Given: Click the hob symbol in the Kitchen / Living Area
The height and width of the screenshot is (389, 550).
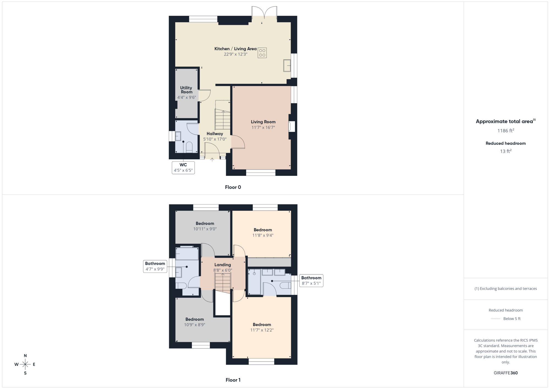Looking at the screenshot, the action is pos(262,53).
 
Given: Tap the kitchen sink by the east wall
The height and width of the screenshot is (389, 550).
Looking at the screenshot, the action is pos(287,65).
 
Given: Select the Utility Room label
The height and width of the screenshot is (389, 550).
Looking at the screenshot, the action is pos(186,90).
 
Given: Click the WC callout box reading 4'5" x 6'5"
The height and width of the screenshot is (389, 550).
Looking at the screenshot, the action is pos(183,168).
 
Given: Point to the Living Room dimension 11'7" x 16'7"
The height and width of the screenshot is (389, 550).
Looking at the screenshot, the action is pos(263,127).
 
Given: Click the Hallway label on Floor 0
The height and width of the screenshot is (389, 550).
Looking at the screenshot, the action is pos(215,134).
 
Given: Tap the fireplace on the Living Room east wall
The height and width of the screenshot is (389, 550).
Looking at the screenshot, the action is pos(291,127).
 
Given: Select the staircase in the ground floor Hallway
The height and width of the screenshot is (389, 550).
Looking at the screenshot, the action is pos(222,119).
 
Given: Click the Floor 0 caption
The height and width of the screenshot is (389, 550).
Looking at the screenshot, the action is pos(233,187).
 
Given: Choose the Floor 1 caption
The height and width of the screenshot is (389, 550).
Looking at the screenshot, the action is pos(233,380).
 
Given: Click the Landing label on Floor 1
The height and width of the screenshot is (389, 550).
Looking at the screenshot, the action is pos(222,265).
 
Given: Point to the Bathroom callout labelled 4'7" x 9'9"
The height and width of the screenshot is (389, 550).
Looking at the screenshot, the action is pos(155,266).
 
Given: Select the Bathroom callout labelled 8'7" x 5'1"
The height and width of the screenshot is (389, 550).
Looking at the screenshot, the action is pos(311,281).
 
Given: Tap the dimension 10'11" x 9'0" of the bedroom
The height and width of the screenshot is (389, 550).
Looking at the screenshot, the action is pos(205,229).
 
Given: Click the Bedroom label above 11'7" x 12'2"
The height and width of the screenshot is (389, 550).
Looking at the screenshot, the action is pos(262,325).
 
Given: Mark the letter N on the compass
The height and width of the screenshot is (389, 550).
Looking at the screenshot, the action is pos(25,356).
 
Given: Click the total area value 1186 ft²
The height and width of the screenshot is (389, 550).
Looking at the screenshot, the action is pos(506,130).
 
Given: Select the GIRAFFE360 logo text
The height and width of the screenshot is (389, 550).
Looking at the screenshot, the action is pos(506,373).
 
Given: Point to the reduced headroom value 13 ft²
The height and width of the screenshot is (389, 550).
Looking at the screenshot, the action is pos(506,151).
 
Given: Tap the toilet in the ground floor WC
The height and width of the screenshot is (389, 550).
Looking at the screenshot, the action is pos(189,147).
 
